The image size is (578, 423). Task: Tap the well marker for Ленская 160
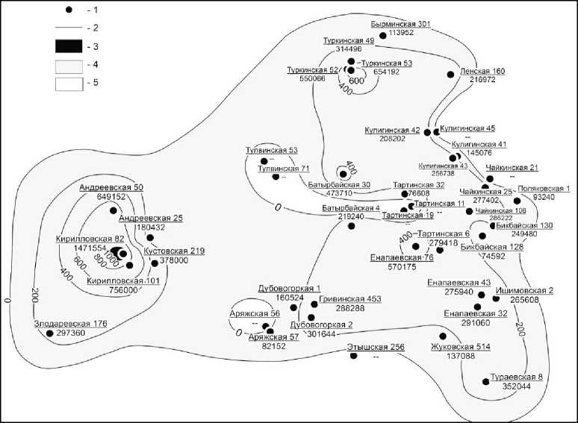click(450, 74)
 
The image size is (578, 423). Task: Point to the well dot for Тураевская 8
click(485, 381)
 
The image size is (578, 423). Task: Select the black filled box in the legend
click(69, 46)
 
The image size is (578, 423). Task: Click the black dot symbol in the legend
click(69, 11)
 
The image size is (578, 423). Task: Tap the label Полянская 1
click(544, 188)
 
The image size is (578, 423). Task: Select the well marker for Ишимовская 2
click(497, 298)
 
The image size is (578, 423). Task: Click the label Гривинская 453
click(350, 298)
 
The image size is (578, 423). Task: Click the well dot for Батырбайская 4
click(351, 225)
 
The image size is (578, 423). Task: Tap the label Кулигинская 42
click(393, 130)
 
